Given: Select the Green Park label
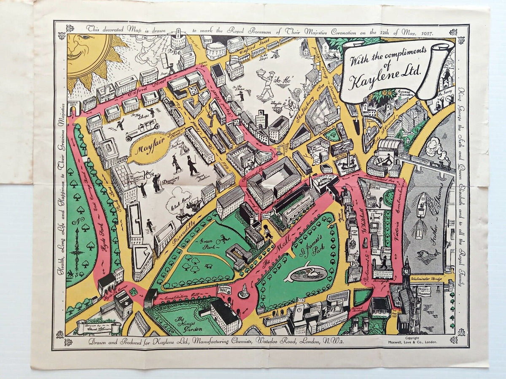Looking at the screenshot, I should [x=205, y=242].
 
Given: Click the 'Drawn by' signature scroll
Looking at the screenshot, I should [x=95, y=326].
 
